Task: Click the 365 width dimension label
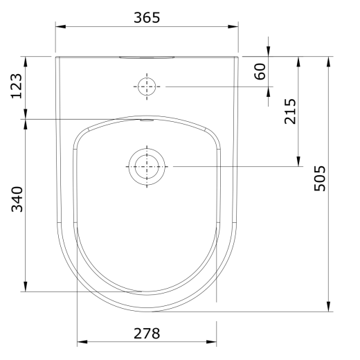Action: (147, 18)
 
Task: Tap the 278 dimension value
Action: (147, 334)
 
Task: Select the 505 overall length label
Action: (320, 179)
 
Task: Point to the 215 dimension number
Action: (290, 111)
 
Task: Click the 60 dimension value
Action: (260, 71)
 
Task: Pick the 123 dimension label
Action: (17, 86)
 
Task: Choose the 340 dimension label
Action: (17, 199)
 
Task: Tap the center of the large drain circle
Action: (147, 166)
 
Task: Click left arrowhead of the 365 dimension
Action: (60, 26)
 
